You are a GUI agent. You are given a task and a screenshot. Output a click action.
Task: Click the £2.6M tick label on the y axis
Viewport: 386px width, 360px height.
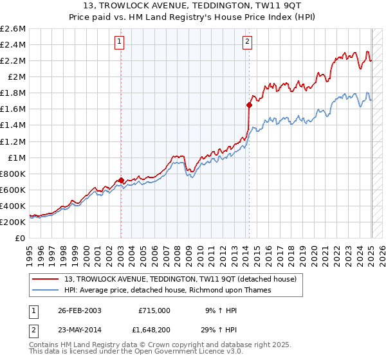(14, 29)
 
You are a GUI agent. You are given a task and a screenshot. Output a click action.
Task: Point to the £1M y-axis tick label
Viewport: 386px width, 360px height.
(16, 157)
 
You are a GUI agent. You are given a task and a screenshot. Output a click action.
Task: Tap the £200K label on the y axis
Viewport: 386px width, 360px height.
(14, 222)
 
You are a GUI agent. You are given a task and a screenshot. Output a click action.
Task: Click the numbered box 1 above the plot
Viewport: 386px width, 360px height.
(120, 42)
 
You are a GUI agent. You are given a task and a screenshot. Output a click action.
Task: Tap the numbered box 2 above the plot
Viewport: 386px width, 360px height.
(248, 42)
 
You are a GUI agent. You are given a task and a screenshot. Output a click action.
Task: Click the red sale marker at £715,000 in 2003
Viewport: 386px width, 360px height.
(121, 180)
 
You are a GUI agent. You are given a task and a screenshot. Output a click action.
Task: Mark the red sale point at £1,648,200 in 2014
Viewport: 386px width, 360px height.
(249, 105)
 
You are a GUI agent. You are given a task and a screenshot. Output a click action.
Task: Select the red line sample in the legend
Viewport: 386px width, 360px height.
(46, 280)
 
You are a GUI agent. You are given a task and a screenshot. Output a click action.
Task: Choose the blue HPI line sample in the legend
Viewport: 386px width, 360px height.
(46, 290)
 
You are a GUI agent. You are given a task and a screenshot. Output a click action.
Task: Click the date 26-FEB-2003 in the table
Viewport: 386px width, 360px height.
(80, 310)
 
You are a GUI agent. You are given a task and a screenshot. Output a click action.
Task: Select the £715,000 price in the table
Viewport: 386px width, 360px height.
(154, 310)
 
